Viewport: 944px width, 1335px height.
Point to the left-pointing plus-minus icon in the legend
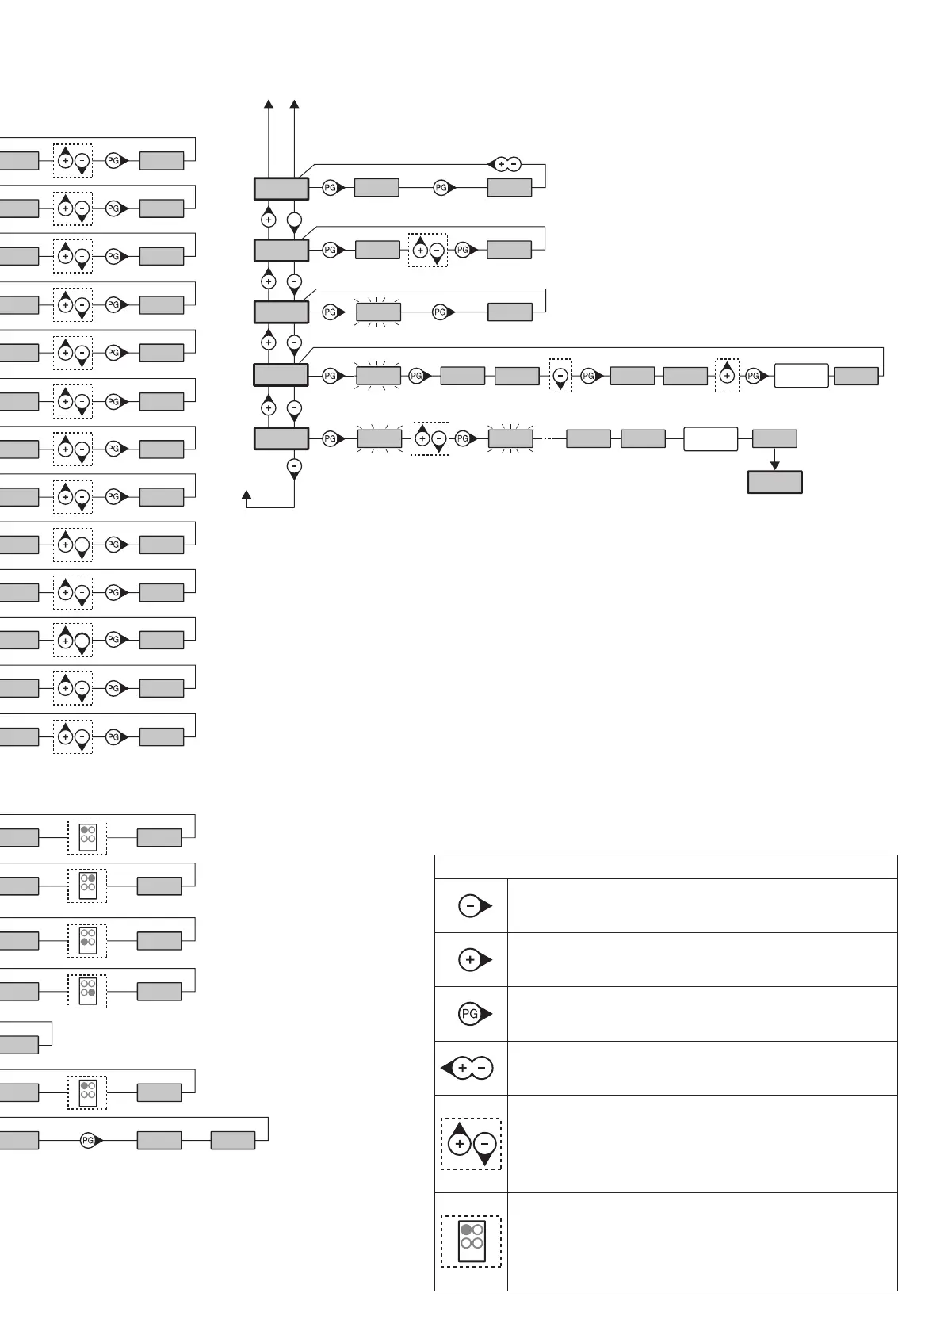[468, 1069]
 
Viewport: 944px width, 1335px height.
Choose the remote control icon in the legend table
[472, 1241]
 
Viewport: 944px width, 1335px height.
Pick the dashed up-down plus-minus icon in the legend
[472, 1144]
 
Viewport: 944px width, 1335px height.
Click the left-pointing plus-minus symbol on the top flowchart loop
[504, 165]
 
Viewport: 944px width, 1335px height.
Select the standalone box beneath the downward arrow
[775, 482]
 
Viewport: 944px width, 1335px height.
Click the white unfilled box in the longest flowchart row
[801, 376]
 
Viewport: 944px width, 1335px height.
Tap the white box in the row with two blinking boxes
[710, 439]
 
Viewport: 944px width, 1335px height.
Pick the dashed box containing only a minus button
[560, 376]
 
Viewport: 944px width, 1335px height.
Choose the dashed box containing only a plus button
[727, 376]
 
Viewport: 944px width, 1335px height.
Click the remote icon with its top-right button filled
[87, 882]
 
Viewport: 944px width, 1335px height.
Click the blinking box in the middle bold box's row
[378, 312]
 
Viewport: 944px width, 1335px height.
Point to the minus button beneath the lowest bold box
[294, 467]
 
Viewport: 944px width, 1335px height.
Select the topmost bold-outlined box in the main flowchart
[281, 189]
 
